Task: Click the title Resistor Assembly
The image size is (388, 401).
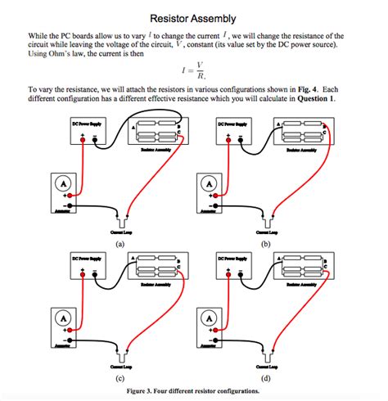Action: [x=194, y=18]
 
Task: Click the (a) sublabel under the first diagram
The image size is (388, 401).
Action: [x=120, y=244]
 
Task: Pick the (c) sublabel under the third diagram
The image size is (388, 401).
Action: [x=120, y=379]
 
